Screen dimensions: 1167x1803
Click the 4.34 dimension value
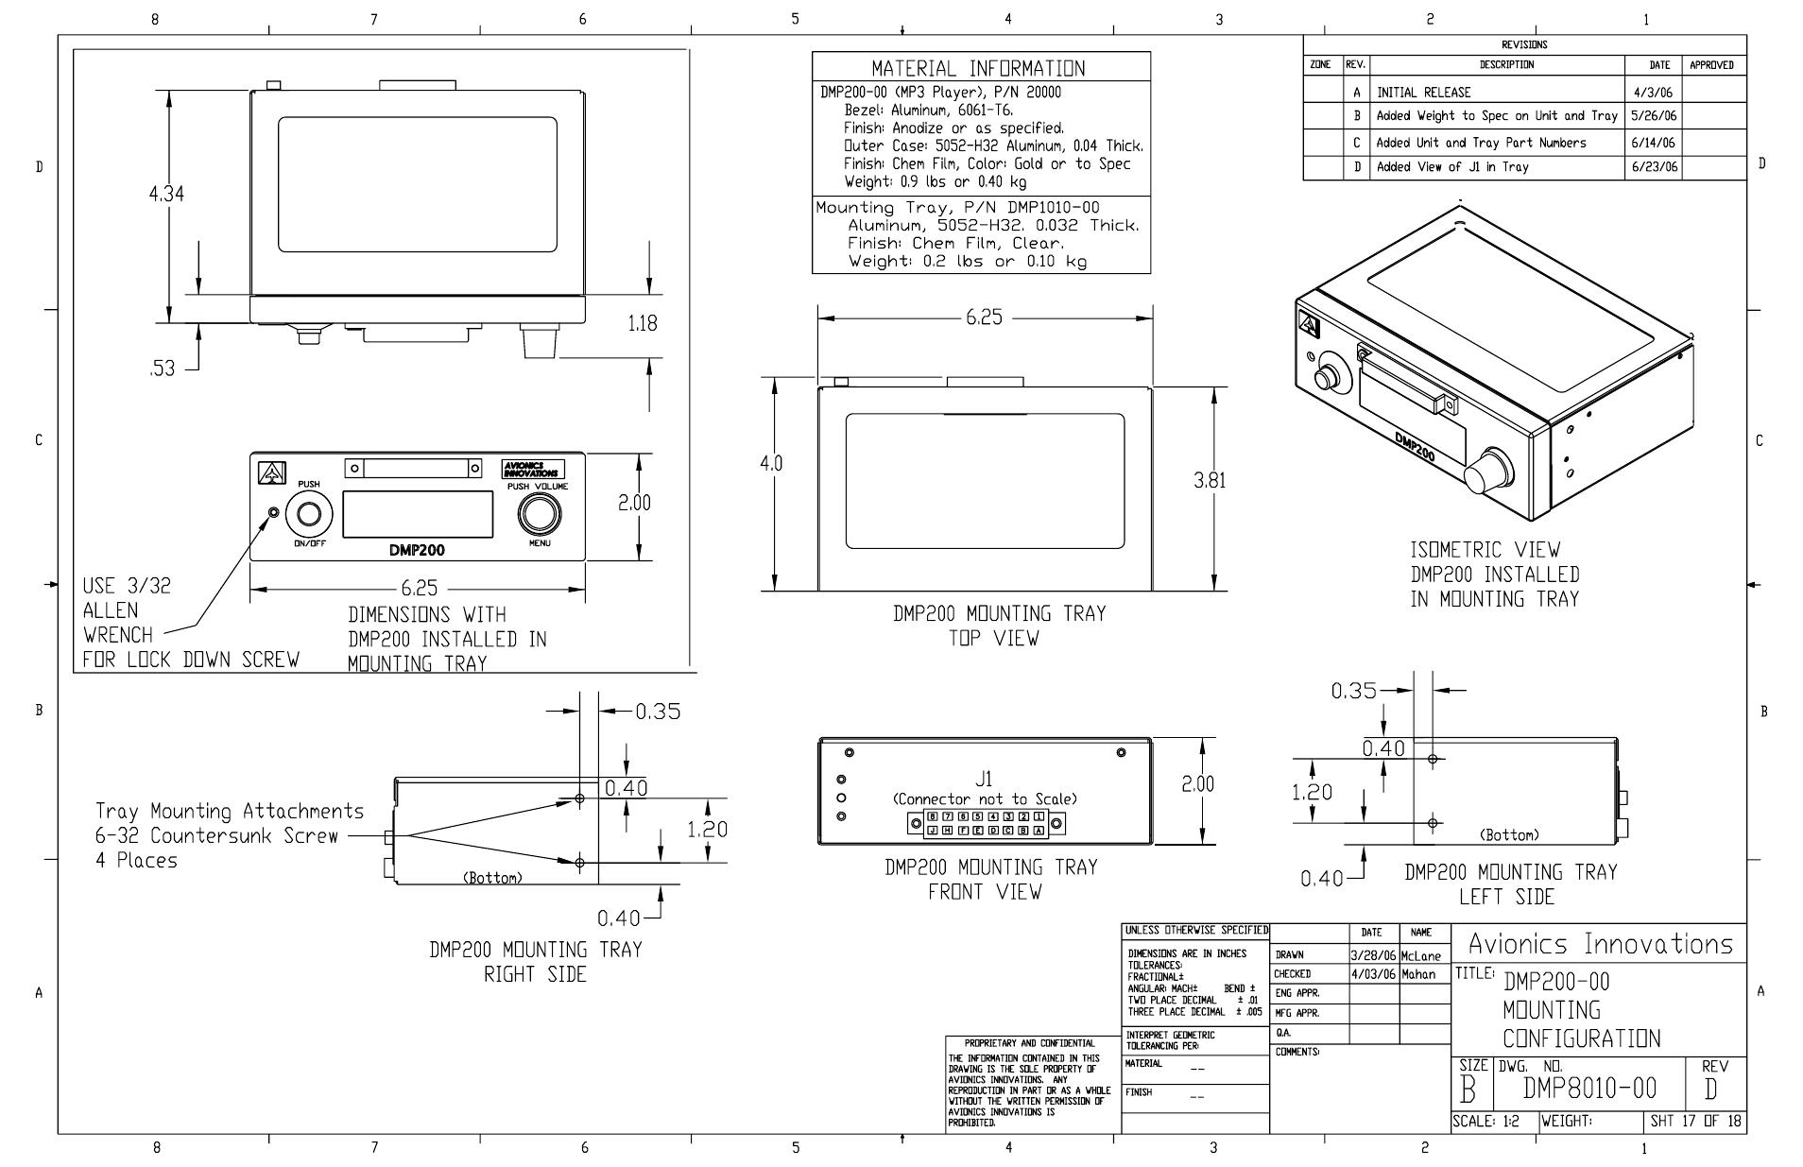(x=166, y=194)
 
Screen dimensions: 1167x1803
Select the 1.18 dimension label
(x=642, y=323)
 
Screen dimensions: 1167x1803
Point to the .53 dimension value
(x=163, y=369)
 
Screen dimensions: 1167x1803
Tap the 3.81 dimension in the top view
(x=1210, y=480)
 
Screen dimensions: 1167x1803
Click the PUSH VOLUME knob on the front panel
(x=539, y=515)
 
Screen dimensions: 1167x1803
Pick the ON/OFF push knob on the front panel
(x=309, y=515)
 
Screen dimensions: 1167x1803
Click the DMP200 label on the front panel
(x=417, y=550)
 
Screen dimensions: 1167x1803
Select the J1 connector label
(x=985, y=780)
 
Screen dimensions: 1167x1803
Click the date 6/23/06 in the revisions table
(x=1654, y=167)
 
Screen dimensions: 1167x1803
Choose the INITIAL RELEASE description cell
(x=1424, y=93)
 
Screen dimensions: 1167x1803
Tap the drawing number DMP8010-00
(x=1589, y=1090)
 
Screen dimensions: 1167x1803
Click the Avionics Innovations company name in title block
(x=1601, y=944)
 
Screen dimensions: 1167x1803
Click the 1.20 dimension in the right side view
(x=707, y=830)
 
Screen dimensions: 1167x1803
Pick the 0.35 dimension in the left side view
(x=1353, y=691)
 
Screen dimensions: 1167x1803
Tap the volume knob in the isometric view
(x=1486, y=471)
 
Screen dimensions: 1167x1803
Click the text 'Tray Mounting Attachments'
(x=230, y=811)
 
